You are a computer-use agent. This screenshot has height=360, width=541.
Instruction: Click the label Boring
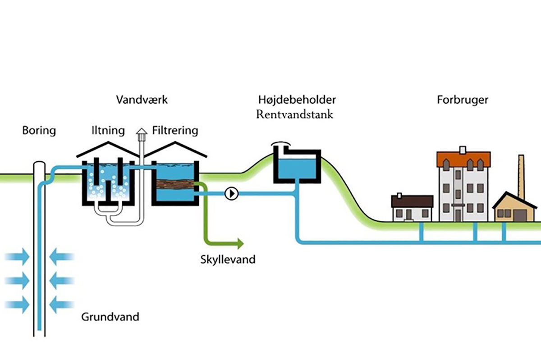39,131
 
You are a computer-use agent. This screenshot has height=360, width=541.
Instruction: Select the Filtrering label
175,131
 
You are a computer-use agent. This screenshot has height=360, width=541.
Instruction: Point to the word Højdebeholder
297,100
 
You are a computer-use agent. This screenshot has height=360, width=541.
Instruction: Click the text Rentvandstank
295,114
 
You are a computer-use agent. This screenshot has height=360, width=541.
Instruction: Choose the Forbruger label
462,100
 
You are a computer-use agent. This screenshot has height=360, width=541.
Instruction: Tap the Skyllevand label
228,260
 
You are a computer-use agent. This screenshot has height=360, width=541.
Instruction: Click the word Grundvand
110,317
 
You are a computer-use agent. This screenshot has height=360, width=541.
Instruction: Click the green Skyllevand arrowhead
239,244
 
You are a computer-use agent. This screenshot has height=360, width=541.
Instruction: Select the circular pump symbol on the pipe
231,194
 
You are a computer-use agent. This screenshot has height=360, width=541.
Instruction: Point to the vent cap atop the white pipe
142,132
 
